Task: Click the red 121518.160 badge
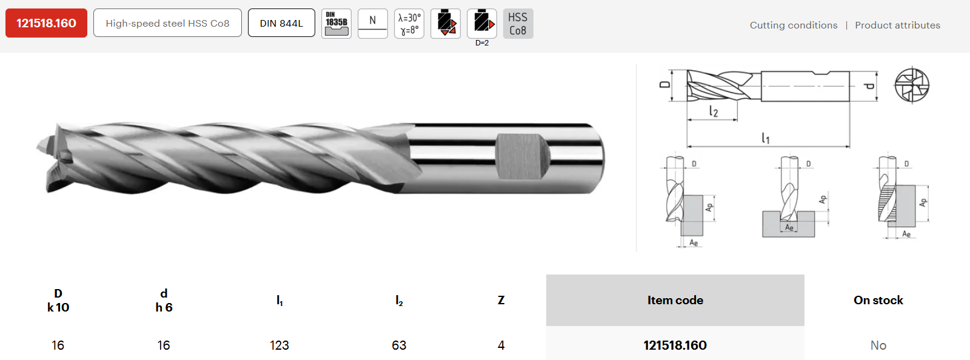[x=46, y=23]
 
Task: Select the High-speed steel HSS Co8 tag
[x=167, y=23]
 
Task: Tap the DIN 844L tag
[x=281, y=23]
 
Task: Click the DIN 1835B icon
[x=336, y=24]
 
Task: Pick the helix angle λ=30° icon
[x=409, y=24]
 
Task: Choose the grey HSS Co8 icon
[x=518, y=24]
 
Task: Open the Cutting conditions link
[x=794, y=25]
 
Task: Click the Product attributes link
[x=898, y=25]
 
